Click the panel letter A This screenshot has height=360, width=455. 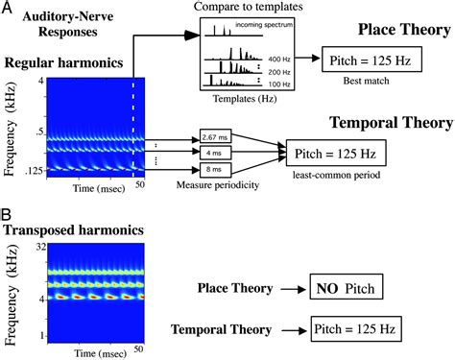tap(7, 9)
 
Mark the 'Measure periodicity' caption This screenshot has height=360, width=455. tap(219, 185)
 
